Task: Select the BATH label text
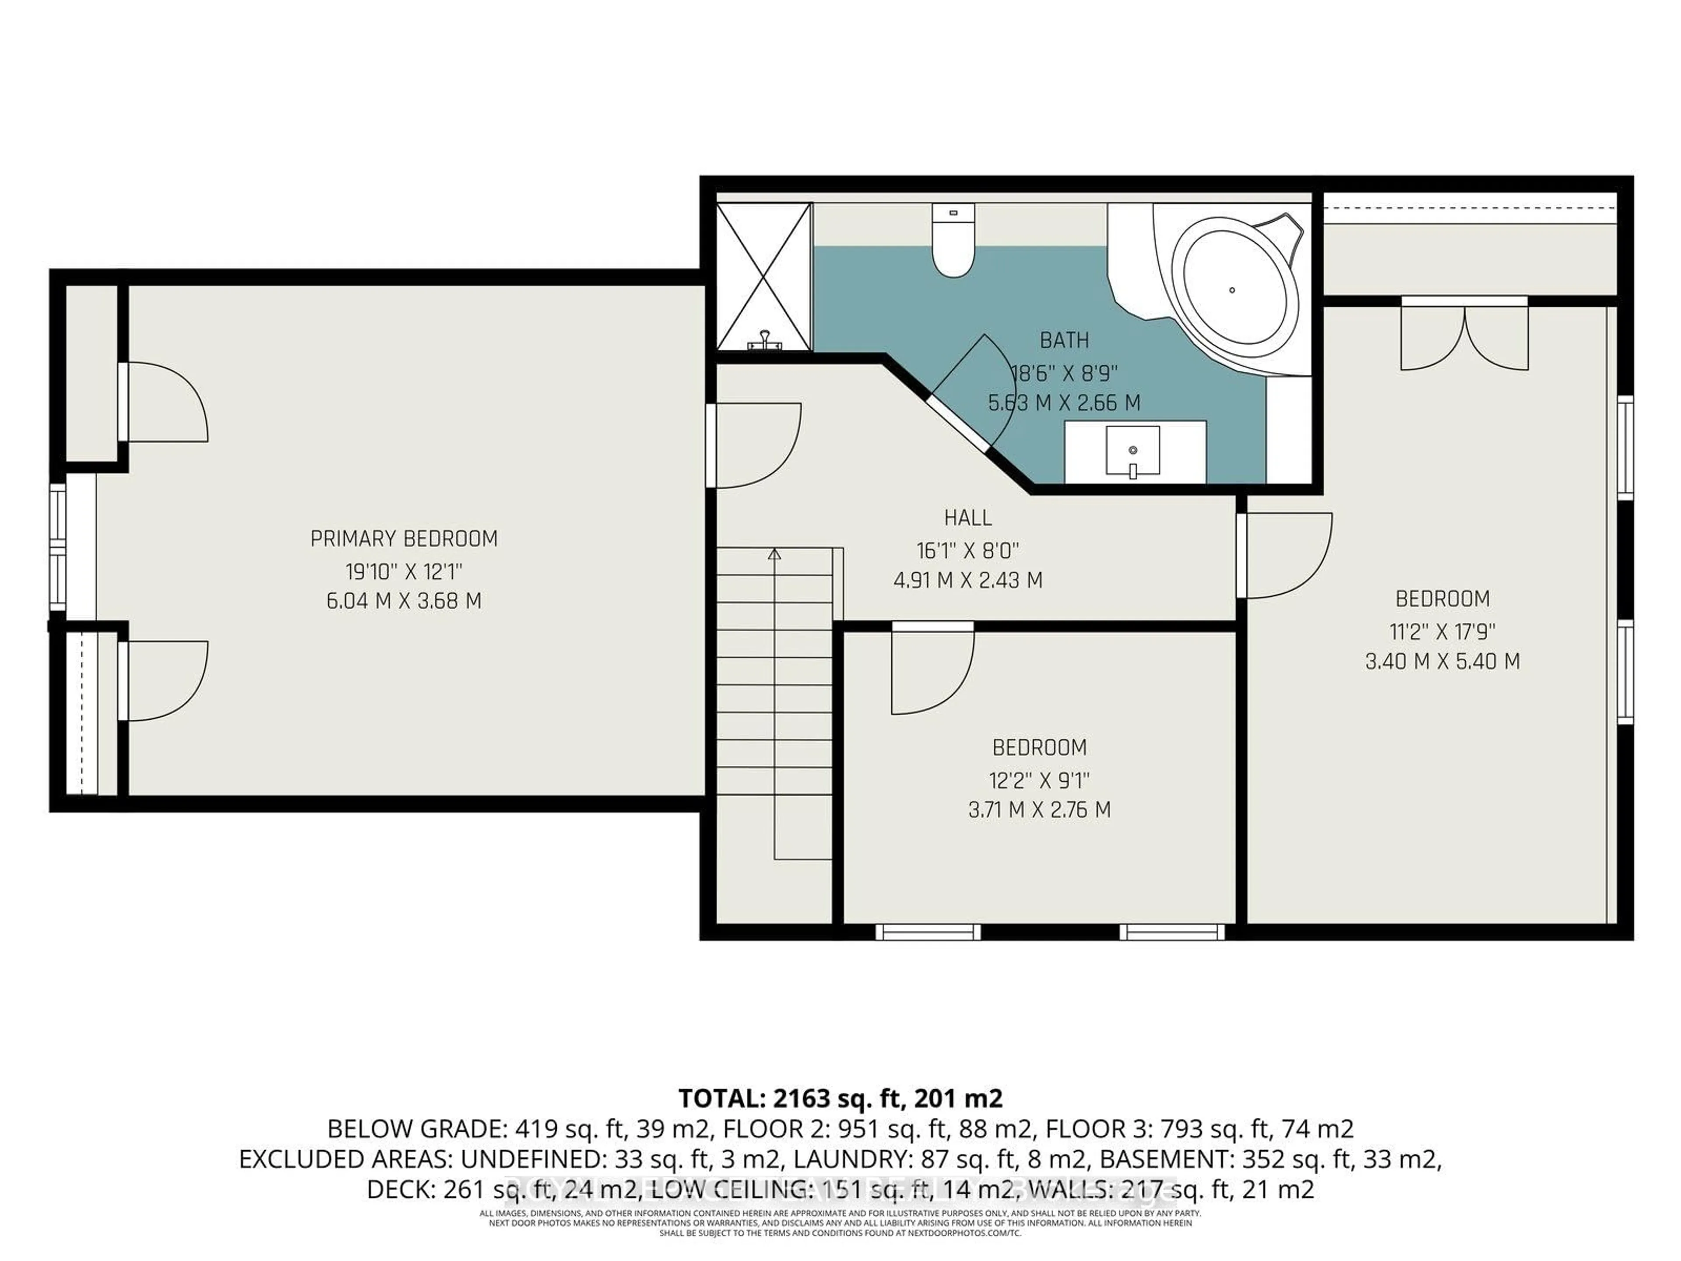[1064, 341]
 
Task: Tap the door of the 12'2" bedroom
[931, 669]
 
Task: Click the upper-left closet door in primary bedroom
[163, 402]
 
